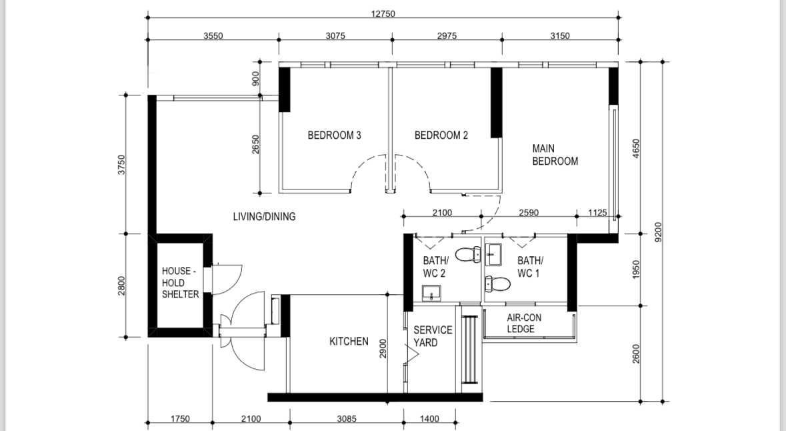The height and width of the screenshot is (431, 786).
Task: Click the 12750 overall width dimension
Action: [x=383, y=13]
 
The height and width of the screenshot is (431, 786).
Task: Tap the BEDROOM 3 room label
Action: [x=335, y=135]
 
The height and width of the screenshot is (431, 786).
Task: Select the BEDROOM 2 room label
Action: [x=441, y=135]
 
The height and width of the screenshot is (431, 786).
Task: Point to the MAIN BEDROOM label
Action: [x=555, y=155]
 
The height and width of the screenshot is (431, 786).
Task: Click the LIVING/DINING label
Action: [x=264, y=216]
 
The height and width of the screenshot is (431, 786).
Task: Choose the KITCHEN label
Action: [x=349, y=341]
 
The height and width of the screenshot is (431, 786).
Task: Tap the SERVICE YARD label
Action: [x=433, y=336]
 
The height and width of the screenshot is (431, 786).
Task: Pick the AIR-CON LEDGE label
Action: [x=524, y=323]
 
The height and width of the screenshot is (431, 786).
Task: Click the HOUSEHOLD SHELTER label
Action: [x=181, y=282]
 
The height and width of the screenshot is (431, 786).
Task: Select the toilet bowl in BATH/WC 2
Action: [x=468, y=254]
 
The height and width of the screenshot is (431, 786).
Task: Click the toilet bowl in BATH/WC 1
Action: [x=498, y=284]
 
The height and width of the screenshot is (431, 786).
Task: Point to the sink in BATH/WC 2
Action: [x=431, y=292]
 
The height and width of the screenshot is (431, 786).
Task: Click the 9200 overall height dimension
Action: [x=659, y=232]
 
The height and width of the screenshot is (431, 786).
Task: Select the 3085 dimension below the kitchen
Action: [x=347, y=418]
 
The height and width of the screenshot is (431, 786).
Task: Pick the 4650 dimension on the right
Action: [x=636, y=149]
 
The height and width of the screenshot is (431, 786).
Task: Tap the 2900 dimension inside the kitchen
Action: [x=383, y=348]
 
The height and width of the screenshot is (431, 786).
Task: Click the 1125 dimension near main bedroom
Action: [x=597, y=213]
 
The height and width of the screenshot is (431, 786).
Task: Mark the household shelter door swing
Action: [x=228, y=280]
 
